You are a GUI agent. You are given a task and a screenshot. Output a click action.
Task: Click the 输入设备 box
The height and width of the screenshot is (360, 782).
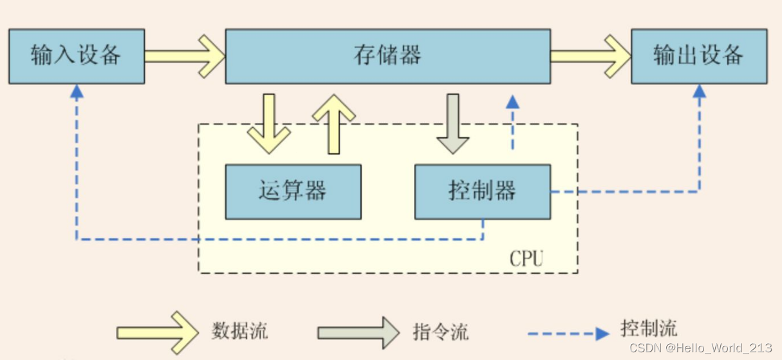[x=76, y=56]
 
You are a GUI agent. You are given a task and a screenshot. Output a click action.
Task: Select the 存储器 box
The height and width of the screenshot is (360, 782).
[x=387, y=56]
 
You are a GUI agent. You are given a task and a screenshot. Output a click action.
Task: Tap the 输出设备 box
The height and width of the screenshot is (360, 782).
[x=698, y=56]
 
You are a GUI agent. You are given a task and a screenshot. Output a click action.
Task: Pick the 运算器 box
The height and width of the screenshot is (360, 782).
[x=293, y=191]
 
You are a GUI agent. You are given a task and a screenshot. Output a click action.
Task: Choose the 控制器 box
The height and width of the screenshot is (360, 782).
[x=482, y=191]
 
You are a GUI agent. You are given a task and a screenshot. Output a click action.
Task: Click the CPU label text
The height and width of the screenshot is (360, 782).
[x=526, y=259]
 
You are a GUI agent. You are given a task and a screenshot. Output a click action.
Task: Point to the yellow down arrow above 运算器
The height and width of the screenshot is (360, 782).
[x=268, y=124]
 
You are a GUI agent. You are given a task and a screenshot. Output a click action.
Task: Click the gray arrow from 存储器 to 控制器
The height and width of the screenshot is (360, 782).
[x=452, y=124]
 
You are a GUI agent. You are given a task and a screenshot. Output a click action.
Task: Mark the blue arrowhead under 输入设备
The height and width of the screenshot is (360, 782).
[x=77, y=91]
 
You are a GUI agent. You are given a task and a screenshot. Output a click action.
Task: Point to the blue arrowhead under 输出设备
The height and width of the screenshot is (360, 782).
[x=699, y=91]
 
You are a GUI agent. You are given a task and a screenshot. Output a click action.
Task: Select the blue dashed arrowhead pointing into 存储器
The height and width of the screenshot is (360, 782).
[x=512, y=101]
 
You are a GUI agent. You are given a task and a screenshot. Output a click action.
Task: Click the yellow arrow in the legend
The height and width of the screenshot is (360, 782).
[x=158, y=332]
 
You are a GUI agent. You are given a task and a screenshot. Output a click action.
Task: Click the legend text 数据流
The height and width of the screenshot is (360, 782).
[x=239, y=331]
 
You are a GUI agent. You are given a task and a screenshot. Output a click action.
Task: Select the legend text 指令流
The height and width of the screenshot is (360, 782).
[x=440, y=332]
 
